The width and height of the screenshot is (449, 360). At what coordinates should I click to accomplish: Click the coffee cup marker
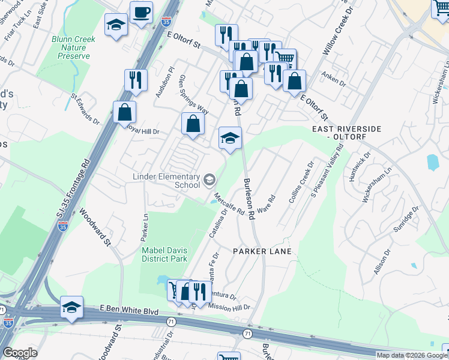click(x=141, y=13)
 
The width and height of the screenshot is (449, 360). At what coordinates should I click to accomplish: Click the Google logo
click(x=20, y=353)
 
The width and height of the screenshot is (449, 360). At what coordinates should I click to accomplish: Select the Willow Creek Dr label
click(x=337, y=35)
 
